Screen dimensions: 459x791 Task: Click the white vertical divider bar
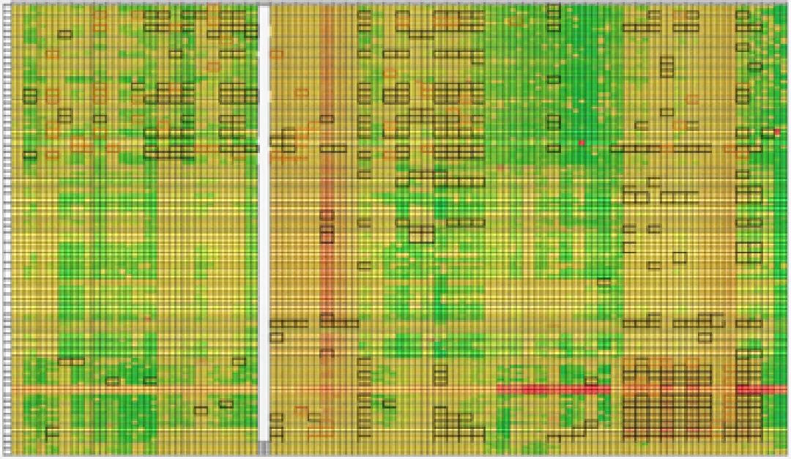(264, 220)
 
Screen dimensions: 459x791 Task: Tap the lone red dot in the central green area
(582, 143)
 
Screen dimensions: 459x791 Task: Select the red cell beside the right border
(777, 132)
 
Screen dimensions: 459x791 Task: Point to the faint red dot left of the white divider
(147, 318)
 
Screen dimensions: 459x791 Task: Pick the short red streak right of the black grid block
(762, 389)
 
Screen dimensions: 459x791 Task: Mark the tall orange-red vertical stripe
(327, 183)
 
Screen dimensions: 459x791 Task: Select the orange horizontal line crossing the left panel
(132, 389)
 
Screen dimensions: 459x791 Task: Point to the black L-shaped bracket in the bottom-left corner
(51, 432)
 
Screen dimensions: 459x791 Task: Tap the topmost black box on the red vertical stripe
(327, 118)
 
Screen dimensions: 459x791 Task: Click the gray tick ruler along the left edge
(7, 220)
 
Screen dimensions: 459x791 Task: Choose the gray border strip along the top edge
(395, 3)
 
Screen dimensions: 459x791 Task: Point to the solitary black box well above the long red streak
(604, 282)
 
